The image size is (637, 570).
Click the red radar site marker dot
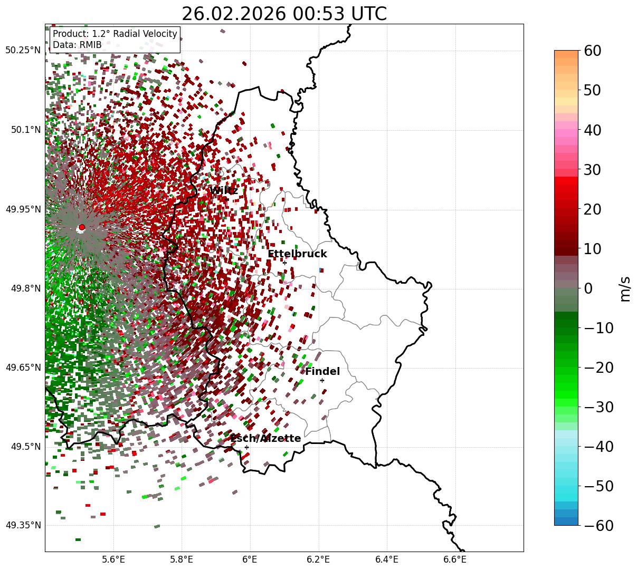pos(82,227)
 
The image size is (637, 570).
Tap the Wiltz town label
pos(223,190)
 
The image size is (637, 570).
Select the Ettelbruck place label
pos(297,254)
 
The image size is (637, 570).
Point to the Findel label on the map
pos(322,372)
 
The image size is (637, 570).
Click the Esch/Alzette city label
pos(265,439)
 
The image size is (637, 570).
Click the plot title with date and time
pos(284,14)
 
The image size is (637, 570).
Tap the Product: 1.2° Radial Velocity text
pos(115,34)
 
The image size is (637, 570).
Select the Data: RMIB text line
pos(77,45)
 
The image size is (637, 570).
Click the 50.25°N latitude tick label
pos(23,51)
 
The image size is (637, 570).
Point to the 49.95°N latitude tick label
pos(23,209)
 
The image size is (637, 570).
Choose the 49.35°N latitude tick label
pos(23,526)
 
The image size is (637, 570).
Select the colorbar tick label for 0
pos(588,288)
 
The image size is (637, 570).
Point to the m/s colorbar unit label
pos(625,288)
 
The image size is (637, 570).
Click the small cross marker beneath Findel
pos(322,380)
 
